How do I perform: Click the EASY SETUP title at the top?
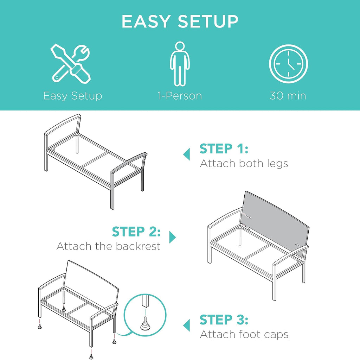pos(180,21)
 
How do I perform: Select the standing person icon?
pos(180,64)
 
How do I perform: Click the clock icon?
pos(288,64)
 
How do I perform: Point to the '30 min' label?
pos(288,96)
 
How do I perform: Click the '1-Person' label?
pos(180,96)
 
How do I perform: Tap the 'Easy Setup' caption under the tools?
pos(72,96)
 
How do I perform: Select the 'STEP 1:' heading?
pos(224,149)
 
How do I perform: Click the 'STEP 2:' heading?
pos(136,232)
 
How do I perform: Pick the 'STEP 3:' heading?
pos(224,320)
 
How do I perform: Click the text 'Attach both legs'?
pos(244,164)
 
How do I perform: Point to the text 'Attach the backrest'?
pos(108,246)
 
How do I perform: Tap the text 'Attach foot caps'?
pos(244,334)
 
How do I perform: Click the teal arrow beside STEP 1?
pos(187,154)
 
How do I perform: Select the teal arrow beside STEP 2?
pos(172,237)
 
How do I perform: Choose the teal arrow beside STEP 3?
pos(187,325)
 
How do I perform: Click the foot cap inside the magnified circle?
pos(145,324)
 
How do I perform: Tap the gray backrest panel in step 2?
pos(276,221)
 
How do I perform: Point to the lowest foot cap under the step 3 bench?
pos(91,357)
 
